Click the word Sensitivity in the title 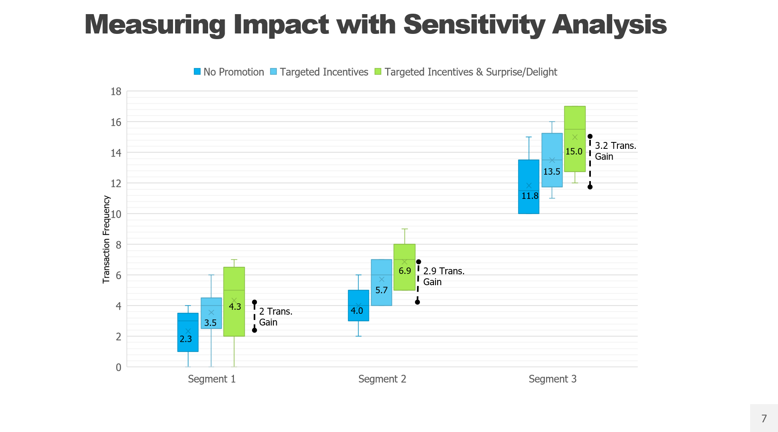pyautogui.click(x=474, y=25)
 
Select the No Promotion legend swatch pyautogui.click(x=197, y=72)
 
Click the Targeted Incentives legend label pyautogui.click(x=324, y=72)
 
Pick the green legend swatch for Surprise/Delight pyautogui.click(x=378, y=72)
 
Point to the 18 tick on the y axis pyautogui.click(x=116, y=92)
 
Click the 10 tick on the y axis pyautogui.click(x=116, y=214)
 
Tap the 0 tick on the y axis pyautogui.click(x=118, y=367)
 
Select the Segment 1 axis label pyautogui.click(x=211, y=379)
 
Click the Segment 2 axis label pyautogui.click(x=382, y=379)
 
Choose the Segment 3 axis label pyautogui.click(x=552, y=379)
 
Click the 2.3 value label pyautogui.click(x=186, y=339)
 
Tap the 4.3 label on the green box pyautogui.click(x=235, y=307)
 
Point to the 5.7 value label pyautogui.click(x=381, y=290)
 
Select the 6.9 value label pyautogui.click(x=405, y=271)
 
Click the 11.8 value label pyautogui.click(x=530, y=196)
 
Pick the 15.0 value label pyautogui.click(x=574, y=151)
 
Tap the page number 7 pyautogui.click(x=763, y=418)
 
